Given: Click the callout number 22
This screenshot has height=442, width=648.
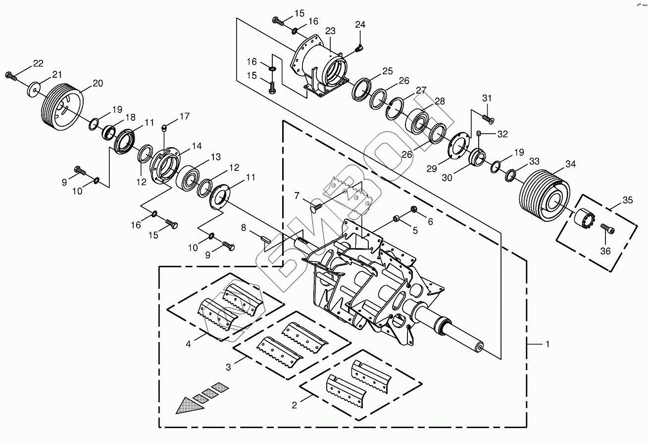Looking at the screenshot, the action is [x=38, y=63].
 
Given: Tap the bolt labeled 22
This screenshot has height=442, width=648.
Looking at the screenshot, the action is [x=11, y=76].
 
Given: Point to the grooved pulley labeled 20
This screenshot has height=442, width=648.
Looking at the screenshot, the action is [x=63, y=107].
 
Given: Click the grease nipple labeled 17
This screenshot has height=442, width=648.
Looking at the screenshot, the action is [x=164, y=128].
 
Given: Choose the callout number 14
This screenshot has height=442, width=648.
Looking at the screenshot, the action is [x=197, y=146].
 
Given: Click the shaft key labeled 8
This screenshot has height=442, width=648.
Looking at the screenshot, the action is [x=265, y=239].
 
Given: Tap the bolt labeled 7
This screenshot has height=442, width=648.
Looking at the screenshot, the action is [x=316, y=207].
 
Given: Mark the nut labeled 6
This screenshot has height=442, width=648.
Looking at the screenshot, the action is [x=414, y=209].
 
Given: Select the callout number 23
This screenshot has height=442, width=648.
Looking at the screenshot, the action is [x=330, y=31].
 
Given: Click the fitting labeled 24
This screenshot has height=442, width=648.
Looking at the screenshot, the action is [x=359, y=49].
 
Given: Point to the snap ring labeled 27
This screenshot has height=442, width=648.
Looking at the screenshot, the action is [x=394, y=108].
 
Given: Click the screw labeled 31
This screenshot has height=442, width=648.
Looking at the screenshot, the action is [x=488, y=119].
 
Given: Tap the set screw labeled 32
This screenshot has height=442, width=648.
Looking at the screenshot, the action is [x=479, y=134].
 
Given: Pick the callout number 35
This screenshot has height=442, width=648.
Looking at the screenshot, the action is [x=628, y=200].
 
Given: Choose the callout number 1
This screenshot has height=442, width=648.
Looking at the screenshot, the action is [x=548, y=344].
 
